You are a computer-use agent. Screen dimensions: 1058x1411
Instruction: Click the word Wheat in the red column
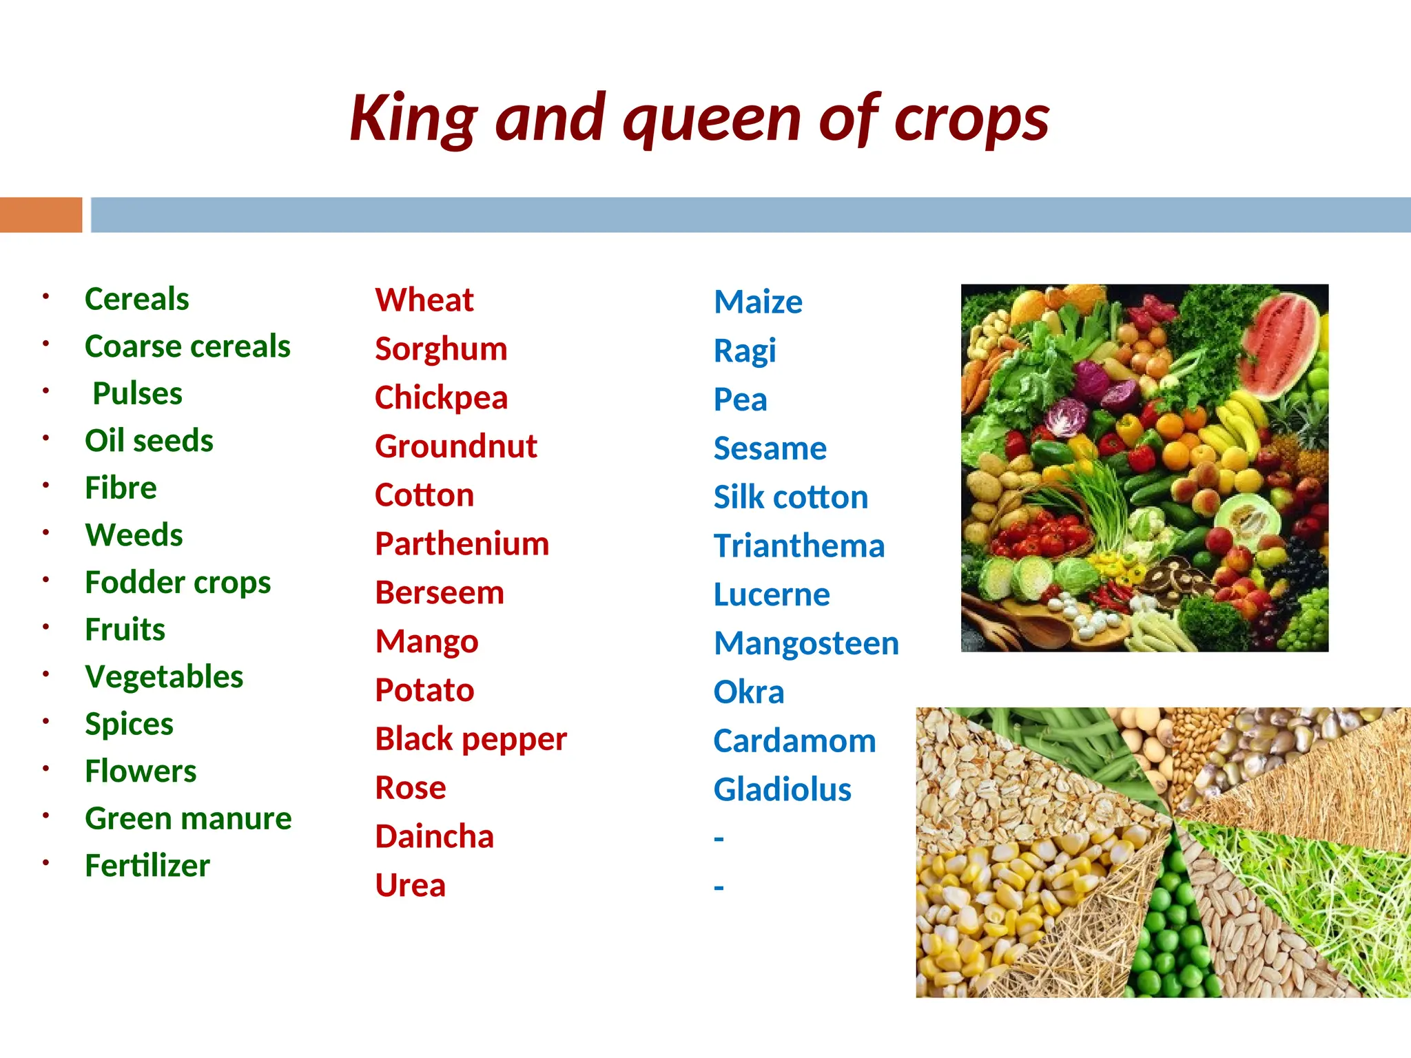[x=424, y=300]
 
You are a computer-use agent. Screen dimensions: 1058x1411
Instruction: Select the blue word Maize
[x=758, y=302]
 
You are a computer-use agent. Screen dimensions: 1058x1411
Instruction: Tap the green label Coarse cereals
[x=187, y=346]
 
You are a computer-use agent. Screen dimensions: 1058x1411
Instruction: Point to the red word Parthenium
[x=462, y=544]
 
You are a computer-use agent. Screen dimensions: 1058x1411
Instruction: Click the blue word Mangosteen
[x=806, y=643]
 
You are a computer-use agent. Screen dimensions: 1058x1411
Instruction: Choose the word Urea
[x=410, y=886]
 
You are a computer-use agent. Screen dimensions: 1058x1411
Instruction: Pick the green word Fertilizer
[x=147, y=866]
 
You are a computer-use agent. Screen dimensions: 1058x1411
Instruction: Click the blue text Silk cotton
[x=790, y=497]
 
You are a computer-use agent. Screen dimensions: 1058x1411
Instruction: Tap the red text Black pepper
[x=471, y=739]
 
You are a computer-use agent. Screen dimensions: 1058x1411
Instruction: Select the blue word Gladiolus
[x=782, y=790]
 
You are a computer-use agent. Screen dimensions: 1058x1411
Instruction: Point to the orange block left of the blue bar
[x=41, y=215]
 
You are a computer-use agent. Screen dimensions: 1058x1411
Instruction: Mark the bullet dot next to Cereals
[x=45, y=297]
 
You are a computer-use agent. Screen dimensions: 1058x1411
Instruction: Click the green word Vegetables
[x=164, y=677]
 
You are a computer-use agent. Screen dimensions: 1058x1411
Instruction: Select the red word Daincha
[x=434, y=837]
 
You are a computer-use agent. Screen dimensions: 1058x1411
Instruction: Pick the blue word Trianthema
[x=799, y=546]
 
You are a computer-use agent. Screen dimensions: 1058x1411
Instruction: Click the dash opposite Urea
[x=719, y=887]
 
